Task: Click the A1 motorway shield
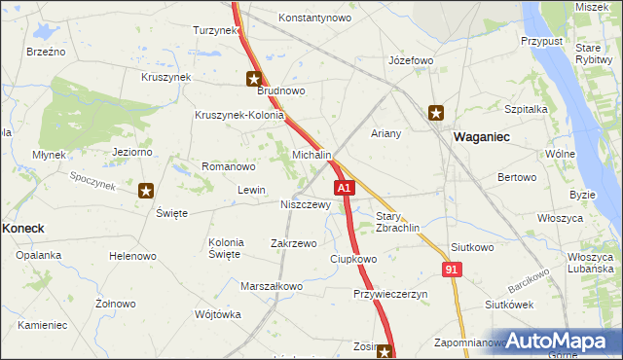click(x=343, y=187)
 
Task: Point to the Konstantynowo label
click(x=314, y=18)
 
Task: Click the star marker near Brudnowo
click(x=254, y=80)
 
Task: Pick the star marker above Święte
click(x=146, y=191)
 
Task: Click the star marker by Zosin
click(x=385, y=353)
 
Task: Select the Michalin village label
click(x=312, y=156)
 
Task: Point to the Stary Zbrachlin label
click(x=397, y=222)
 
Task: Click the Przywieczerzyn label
click(x=390, y=294)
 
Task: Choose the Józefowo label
click(x=410, y=60)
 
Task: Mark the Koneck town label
click(x=23, y=228)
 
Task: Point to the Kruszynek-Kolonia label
click(x=239, y=115)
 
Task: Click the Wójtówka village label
click(x=217, y=314)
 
